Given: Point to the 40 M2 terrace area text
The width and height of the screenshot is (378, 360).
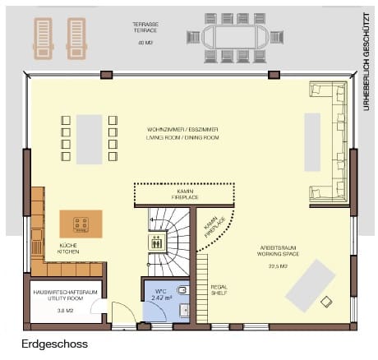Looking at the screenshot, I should [x=146, y=42].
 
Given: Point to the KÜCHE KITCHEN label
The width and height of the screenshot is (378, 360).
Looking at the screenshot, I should [x=68, y=248].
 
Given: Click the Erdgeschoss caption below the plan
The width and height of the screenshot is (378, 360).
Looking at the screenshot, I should [x=54, y=345].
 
